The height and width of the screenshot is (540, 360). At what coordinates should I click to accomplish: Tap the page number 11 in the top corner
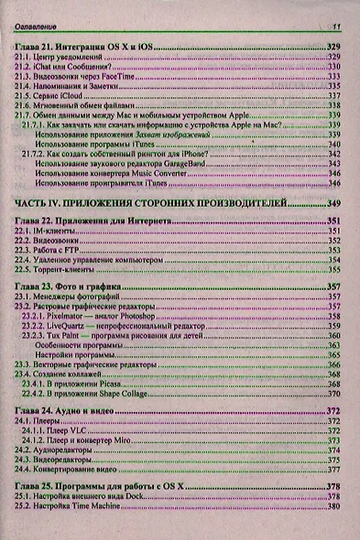coord(336,27)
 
